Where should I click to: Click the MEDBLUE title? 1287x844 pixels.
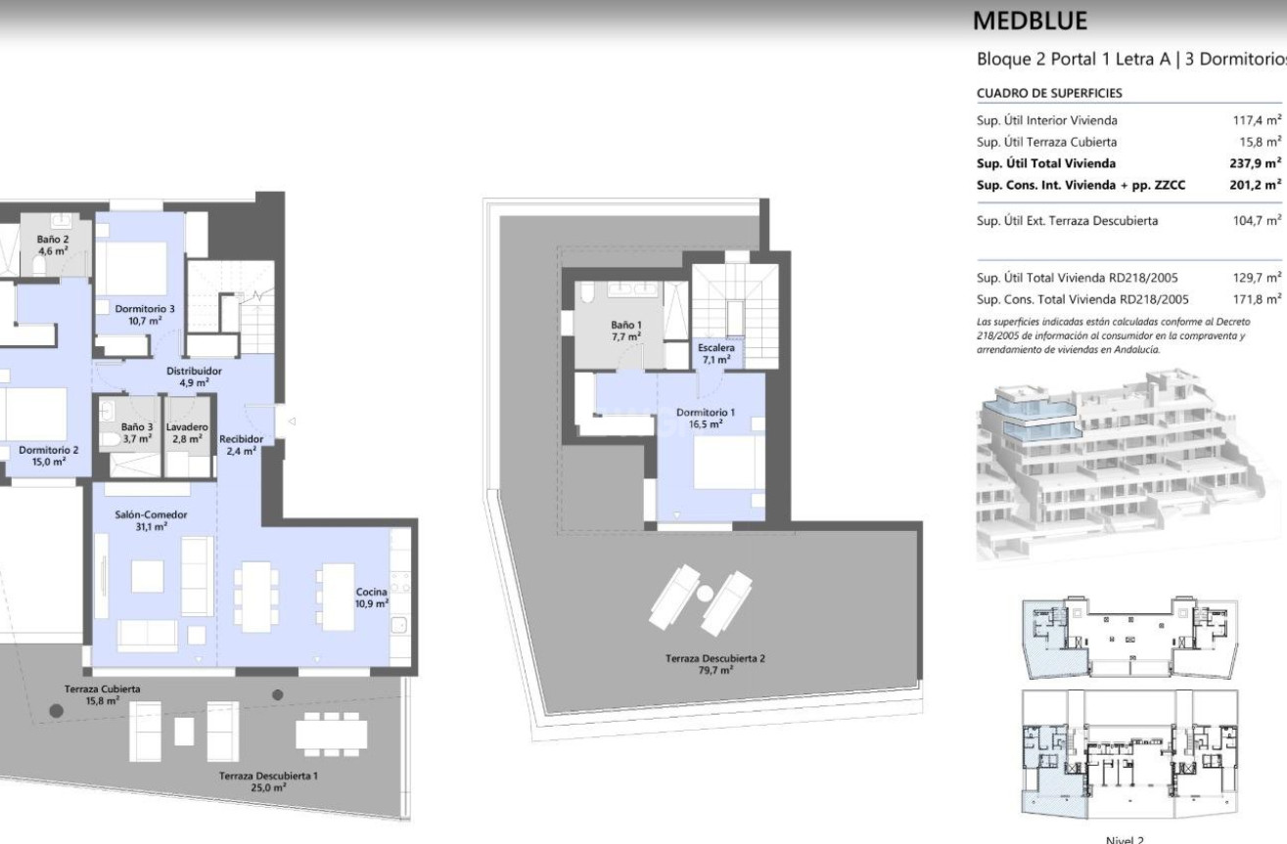click(1030, 21)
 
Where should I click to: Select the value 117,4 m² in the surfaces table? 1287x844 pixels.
click(1257, 120)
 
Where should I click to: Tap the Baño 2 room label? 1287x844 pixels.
click(53, 245)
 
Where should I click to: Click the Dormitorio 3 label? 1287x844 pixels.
click(145, 315)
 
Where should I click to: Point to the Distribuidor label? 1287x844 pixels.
click(194, 377)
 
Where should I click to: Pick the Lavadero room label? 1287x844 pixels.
click(187, 433)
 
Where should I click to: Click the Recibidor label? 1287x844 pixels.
click(242, 445)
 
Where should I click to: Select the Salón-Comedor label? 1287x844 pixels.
click(151, 520)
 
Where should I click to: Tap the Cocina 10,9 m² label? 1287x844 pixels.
click(372, 598)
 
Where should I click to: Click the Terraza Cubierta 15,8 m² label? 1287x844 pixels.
click(102, 694)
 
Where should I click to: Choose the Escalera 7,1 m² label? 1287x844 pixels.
click(715, 354)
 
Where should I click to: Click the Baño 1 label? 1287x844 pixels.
click(626, 331)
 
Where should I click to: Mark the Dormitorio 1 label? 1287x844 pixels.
click(706, 418)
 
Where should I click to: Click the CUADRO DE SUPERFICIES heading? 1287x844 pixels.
click(1049, 93)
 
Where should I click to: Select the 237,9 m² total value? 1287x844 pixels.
click(1256, 163)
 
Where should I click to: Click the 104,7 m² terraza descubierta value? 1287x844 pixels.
click(1257, 220)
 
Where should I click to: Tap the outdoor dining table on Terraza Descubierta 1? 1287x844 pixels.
click(332, 734)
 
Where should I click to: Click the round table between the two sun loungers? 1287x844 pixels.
click(705, 593)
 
